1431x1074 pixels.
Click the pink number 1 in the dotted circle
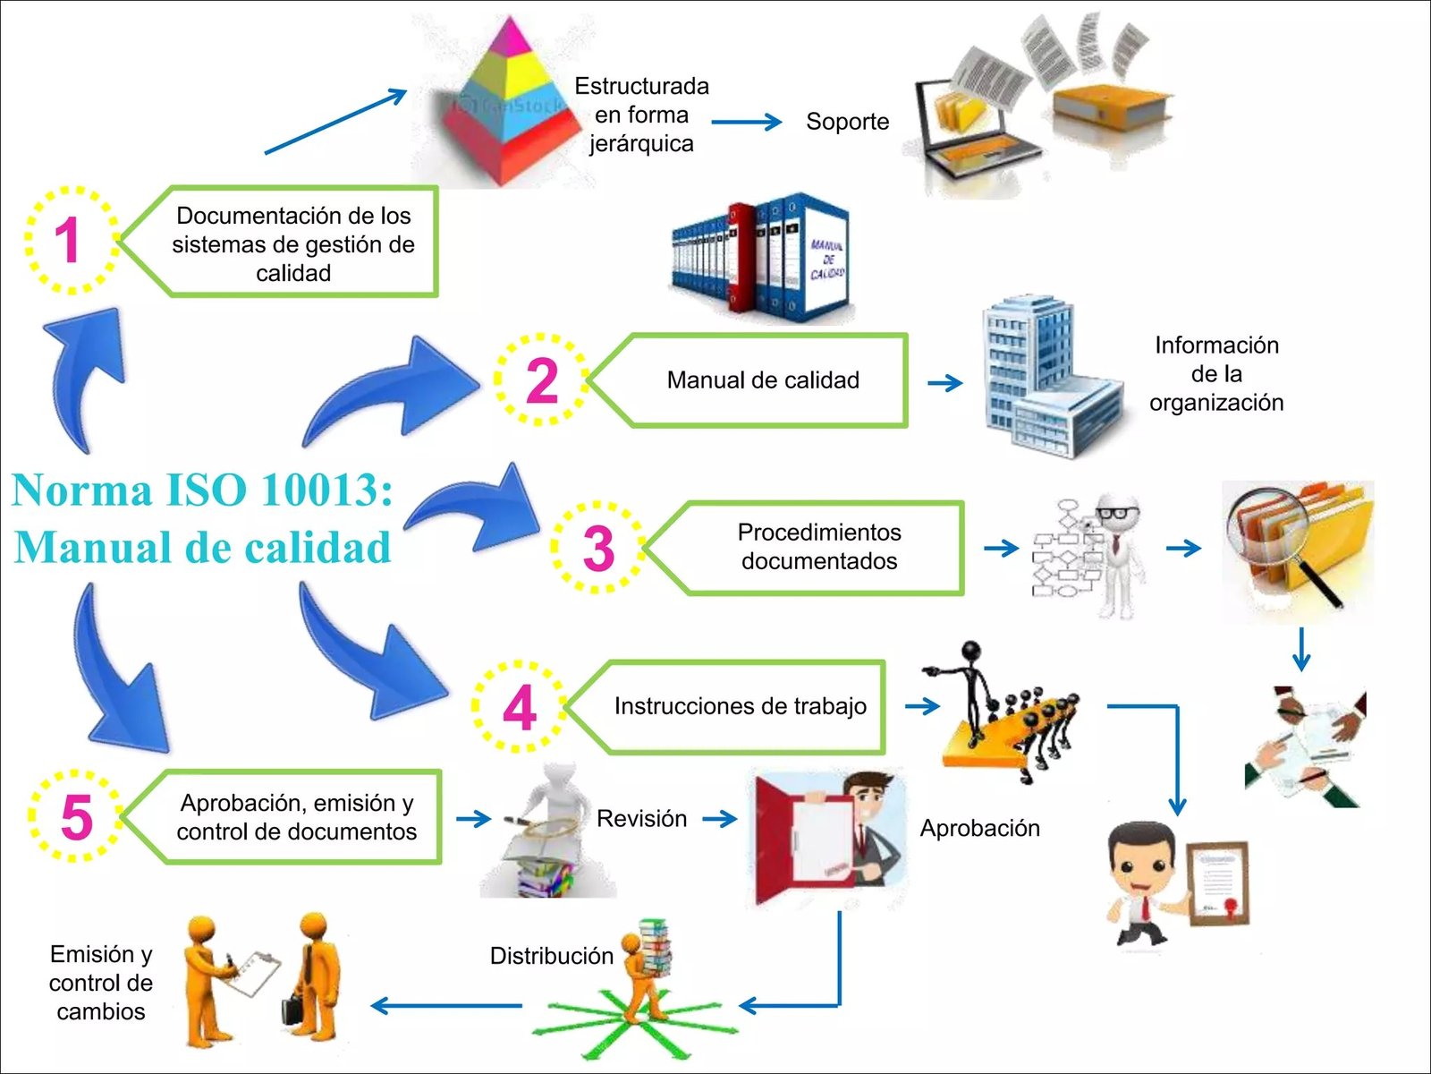click(x=69, y=241)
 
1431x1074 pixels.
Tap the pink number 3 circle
click(x=598, y=548)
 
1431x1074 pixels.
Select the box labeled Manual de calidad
click(x=762, y=380)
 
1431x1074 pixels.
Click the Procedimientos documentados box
click(x=818, y=547)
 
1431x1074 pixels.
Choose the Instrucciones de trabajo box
click(x=740, y=706)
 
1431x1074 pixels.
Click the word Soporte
click(x=847, y=122)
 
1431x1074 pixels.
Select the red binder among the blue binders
click(x=741, y=257)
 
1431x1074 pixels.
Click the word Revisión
click(x=641, y=818)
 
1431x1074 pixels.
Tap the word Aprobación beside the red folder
click(x=979, y=828)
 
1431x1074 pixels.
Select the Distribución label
click(x=551, y=956)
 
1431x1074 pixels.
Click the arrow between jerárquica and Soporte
click(x=746, y=122)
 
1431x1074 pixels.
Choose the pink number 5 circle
click(x=76, y=817)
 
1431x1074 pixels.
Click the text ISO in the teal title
click(x=205, y=490)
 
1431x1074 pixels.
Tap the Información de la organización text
click(x=1215, y=374)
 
